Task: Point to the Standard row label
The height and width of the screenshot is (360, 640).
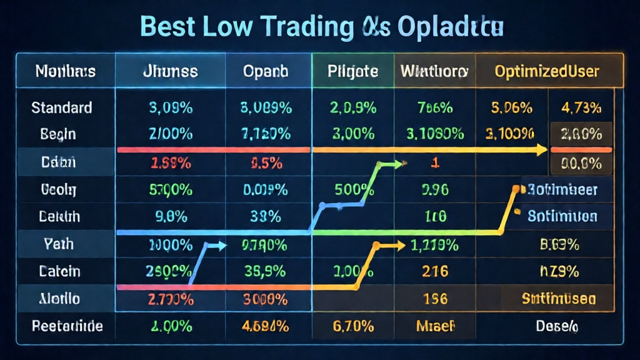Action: [62, 107]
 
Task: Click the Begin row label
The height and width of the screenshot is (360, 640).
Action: [58, 134]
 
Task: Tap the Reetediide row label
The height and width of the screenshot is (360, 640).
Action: [67, 326]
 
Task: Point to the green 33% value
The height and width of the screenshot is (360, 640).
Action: [266, 217]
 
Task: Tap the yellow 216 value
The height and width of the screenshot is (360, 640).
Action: [434, 272]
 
